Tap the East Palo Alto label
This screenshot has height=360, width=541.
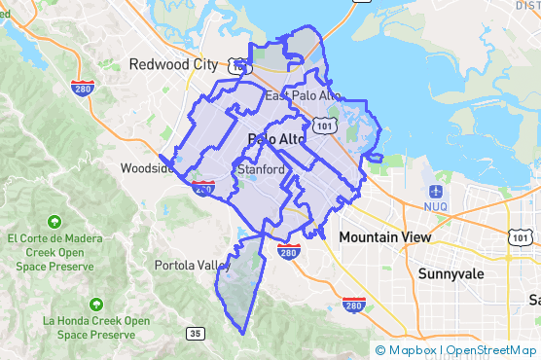pyautogui.click(x=304, y=96)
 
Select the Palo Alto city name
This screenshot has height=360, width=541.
pyautogui.click(x=277, y=139)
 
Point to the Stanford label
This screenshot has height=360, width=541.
pyautogui.click(x=261, y=169)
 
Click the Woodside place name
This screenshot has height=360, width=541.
pyautogui.click(x=147, y=167)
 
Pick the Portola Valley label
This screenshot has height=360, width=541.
pyautogui.click(x=192, y=265)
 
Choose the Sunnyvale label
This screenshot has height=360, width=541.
pyautogui.click(x=451, y=274)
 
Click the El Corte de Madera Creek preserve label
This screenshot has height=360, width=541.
pyautogui.click(x=51, y=251)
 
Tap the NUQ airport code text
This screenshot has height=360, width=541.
pyautogui.click(x=434, y=206)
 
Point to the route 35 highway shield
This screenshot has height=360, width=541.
pyautogui.click(x=196, y=334)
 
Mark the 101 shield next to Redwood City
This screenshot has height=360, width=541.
pyautogui.click(x=236, y=65)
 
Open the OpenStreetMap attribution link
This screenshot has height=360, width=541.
pyautogui.click(x=490, y=349)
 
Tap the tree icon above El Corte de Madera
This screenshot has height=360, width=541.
pyautogui.click(x=51, y=219)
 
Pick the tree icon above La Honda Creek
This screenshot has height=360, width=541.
pyautogui.click(x=95, y=303)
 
